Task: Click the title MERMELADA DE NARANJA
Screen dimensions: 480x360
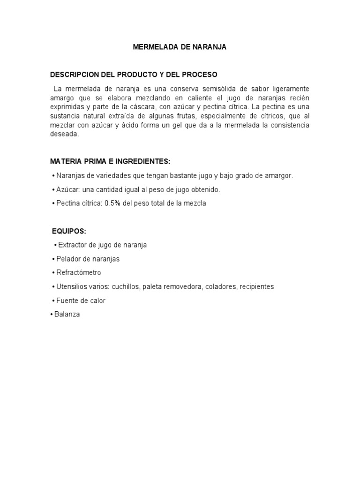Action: click(180, 47)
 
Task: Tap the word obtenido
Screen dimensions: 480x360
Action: click(205, 189)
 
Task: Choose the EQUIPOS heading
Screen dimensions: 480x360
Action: click(69, 231)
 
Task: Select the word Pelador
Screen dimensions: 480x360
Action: click(68, 259)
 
